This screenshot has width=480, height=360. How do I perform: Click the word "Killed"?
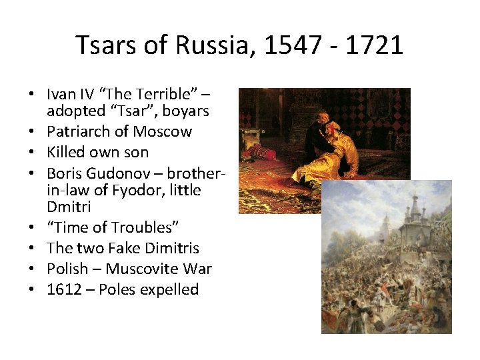pos(67,151)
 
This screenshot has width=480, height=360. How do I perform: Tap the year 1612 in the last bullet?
pos(65,289)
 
